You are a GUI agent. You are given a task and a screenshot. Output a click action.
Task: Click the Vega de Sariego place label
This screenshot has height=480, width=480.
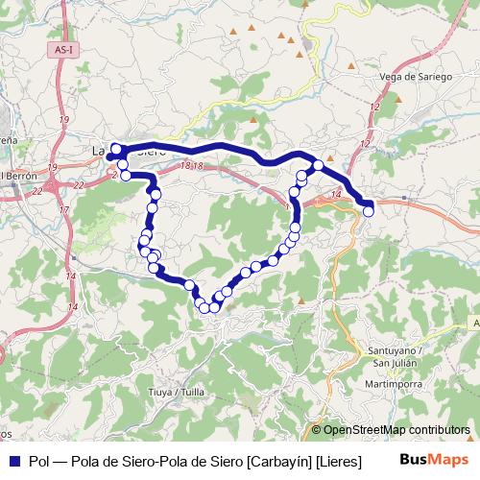pyautogui.click(x=416, y=77)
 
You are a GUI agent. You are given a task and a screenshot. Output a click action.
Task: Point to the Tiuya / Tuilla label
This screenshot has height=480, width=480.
pyautogui.click(x=179, y=392)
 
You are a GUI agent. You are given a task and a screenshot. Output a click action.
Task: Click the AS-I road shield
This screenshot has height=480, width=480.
pyautogui.click(x=65, y=48)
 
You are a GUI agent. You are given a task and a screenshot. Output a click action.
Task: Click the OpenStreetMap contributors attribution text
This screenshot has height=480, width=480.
pyautogui.click(x=396, y=430)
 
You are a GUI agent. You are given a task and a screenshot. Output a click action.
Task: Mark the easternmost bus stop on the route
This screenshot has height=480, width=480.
pyautogui.click(x=369, y=210)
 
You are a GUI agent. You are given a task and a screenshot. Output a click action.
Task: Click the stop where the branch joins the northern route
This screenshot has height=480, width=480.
pyautogui.click(x=318, y=166)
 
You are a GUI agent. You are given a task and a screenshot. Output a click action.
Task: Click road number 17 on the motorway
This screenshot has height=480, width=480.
pyautogui.click(x=63, y=209)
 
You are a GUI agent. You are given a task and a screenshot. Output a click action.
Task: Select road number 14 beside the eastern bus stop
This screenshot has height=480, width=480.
pyautogui.click(x=336, y=195)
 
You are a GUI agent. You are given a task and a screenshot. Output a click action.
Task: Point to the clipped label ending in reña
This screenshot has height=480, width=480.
pyautogui.click(x=8, y=140)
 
